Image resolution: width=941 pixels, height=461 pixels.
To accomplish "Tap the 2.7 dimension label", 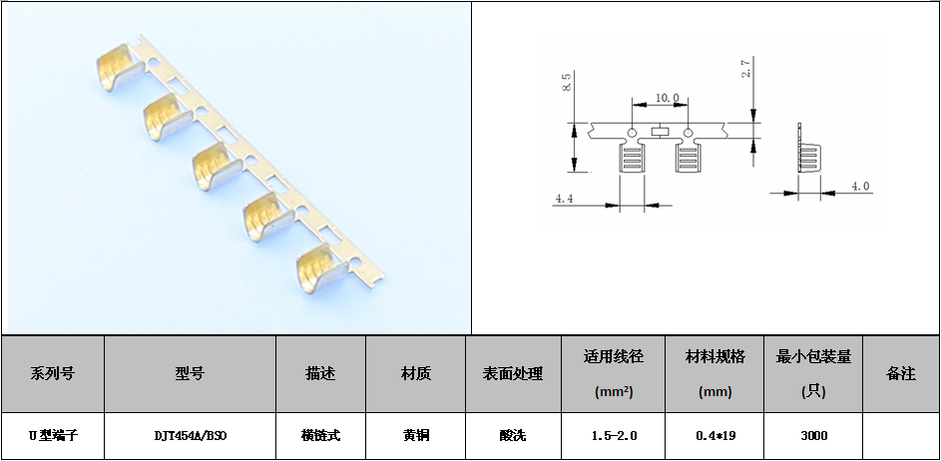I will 745,68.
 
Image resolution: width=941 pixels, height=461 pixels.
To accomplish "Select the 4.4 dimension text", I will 564,199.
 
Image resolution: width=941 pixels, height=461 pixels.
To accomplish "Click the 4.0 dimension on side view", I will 859,186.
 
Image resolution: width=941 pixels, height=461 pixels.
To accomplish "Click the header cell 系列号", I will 52,373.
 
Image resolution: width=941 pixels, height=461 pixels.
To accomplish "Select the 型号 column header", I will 190,373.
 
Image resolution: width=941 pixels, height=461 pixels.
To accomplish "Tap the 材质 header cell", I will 415,373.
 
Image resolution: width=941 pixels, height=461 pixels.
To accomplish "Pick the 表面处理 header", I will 513,373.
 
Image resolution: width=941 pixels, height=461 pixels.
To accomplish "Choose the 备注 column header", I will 900,373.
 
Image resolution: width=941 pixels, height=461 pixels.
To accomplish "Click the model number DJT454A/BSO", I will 190,436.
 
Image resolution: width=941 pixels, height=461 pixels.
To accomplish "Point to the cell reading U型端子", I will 52,436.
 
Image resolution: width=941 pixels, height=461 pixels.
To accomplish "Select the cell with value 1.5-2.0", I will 614,436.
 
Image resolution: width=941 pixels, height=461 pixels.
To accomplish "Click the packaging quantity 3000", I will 813,436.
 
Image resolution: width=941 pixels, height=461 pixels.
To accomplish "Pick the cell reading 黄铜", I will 415,436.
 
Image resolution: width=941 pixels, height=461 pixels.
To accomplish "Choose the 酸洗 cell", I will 513,436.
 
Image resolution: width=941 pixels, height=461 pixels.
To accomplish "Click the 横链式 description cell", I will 320,436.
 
